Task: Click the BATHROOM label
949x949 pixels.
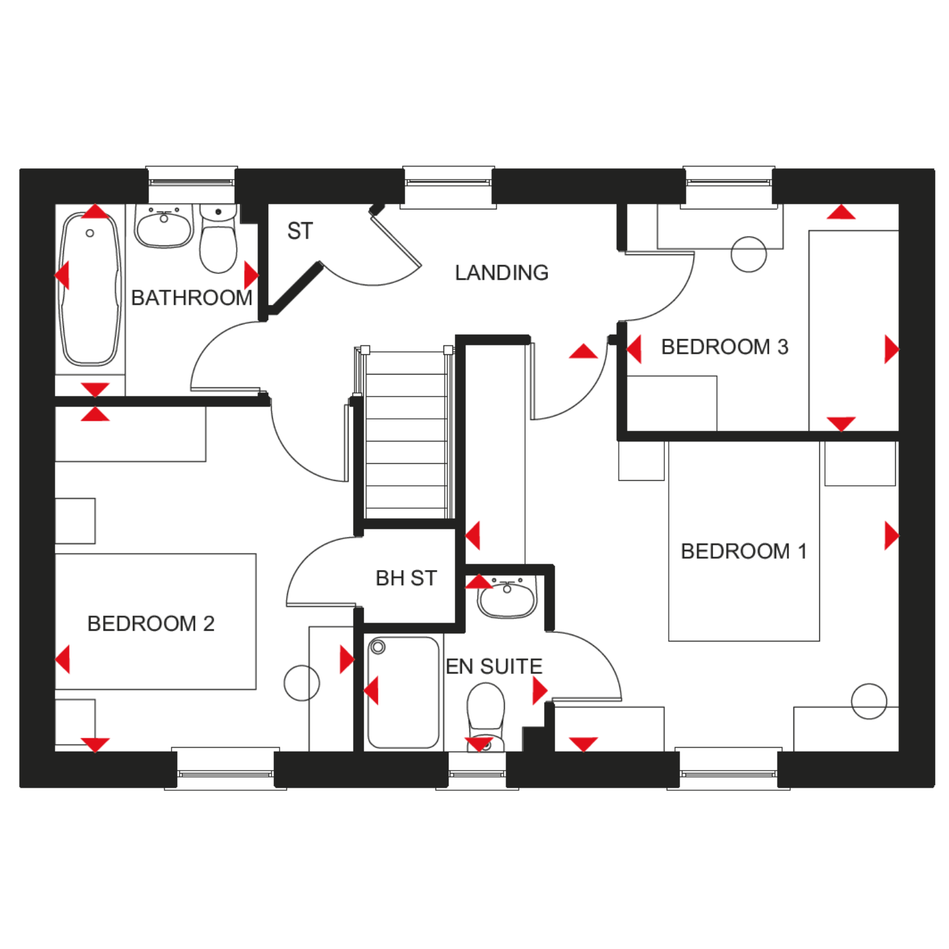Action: [x=192, y=297]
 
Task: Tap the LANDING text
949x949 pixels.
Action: [x=502, y=273]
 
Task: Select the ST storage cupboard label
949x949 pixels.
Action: [x=300, y=231]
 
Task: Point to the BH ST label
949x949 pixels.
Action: [x=406, y=578]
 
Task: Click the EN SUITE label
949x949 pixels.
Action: [x=494, y=666]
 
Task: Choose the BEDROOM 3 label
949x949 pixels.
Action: [x=724, y=347]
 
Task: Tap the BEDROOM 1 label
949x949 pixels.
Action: [x=744, y=551]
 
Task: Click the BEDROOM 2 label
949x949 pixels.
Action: [x=151, y=623]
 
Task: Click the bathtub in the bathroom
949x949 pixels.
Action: [x=90, y=289]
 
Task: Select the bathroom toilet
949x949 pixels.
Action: [x=218, y=239]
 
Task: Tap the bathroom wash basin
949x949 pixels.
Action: [x=164, y=226]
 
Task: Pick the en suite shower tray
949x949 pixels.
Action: [x=404, y=692]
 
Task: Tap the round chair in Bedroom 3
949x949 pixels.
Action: [x=748, y=254]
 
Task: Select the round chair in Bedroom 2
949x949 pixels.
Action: [x=302, y=683]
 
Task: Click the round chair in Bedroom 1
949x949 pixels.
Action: [x=869, y=701]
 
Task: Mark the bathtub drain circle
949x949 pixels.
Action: [x=90, y=233]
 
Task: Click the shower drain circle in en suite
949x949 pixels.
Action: [x=378, y=647]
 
